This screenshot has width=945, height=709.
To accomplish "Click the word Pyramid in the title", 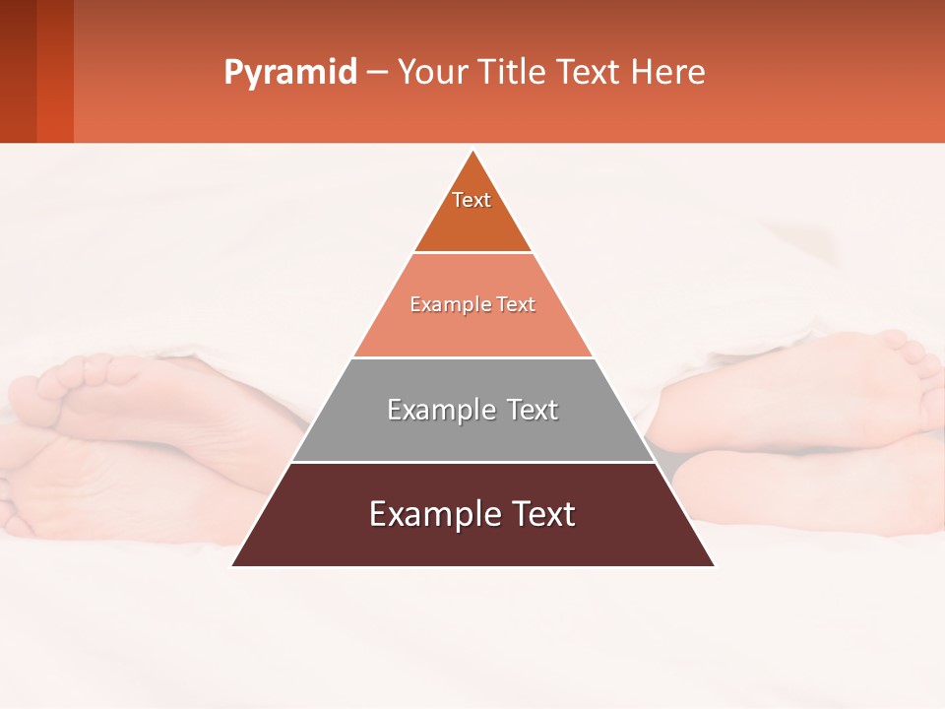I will coord(289,73).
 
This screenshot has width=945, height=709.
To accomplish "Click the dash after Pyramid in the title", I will coord(377,73).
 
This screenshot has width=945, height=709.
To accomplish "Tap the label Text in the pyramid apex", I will coord(472,200).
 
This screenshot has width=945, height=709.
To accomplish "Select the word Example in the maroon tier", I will coord(425,514).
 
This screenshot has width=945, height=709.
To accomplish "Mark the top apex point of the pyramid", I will coord(473,152).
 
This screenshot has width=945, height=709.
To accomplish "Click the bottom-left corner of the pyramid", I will coord(233,565).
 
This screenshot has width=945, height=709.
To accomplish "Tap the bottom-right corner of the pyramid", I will coord(714,565).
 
